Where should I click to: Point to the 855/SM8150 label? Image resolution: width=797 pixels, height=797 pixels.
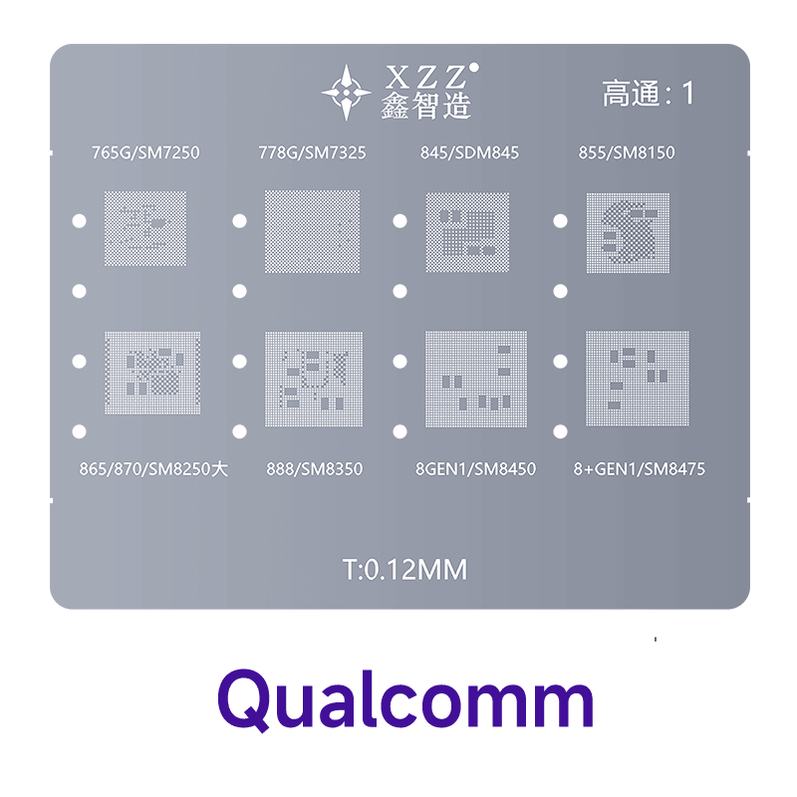tap(627, 152)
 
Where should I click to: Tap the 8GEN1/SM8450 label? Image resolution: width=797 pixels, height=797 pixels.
tap(475, 467)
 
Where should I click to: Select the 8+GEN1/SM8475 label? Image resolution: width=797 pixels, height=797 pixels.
tap(640, 467)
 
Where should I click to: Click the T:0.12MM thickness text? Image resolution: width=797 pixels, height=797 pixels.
tap(404, 571)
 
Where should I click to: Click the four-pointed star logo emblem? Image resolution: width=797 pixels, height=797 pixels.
tap(347, 94)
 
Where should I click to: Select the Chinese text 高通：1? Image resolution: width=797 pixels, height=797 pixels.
tap(647, 94)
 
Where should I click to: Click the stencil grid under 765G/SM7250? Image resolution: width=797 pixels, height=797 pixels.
tap(145, 229)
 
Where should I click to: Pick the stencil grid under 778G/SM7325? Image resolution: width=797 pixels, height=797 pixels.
tap(310, 232)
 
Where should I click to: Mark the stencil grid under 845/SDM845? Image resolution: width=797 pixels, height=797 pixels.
tap(468, 232)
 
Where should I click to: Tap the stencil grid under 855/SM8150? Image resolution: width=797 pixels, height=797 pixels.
tap(628, 232)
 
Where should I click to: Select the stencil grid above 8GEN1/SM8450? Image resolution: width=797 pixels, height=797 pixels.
tap(475, 379)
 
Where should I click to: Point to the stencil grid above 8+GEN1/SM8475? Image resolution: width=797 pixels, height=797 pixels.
tap(638, 379)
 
